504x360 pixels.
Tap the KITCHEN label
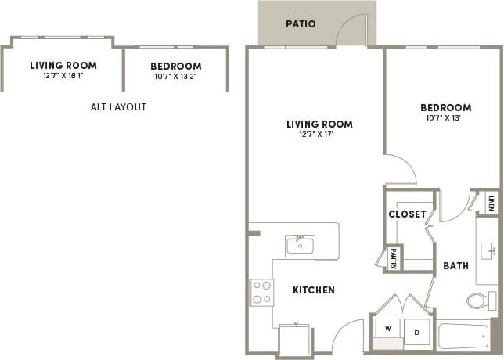(314, 290)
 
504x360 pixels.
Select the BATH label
(455, 266)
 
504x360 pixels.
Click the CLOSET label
(407, 214)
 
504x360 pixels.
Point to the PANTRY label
(392, 259)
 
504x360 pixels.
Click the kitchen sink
(299, 247)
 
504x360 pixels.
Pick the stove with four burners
(261, 293)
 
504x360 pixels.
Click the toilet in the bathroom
(479, 300)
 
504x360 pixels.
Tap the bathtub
(466, 337)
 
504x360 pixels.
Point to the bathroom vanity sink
(488, 251)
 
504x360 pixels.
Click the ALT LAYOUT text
(119, 107)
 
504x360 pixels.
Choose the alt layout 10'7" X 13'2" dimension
(175, 76)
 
